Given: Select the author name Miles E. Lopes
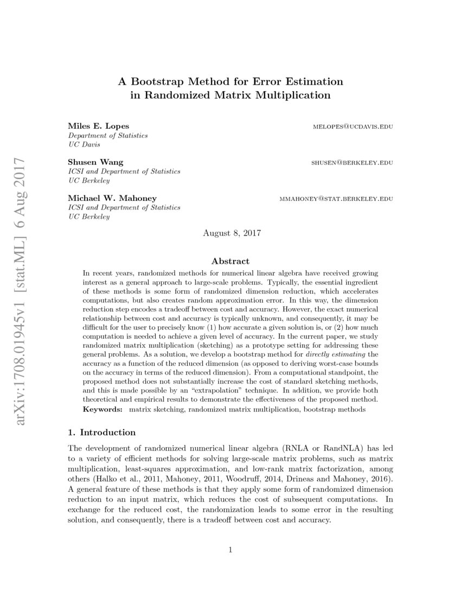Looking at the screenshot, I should click(x=98, y=126).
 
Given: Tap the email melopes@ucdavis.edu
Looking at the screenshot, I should click(x=353, y=126).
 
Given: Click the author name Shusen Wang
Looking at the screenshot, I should click(x=95, y=162).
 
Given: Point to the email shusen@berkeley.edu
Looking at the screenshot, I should click(x=352, y=162).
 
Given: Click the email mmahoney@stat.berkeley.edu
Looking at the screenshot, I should click(x=336, y=199).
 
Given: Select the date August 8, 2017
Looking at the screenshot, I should click(x=232, y=233).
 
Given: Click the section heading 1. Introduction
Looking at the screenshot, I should click(x=101, y=433).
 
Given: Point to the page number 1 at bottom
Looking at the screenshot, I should click(x=230, y=550).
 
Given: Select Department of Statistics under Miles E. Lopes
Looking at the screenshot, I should click(x=107, y=135).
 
